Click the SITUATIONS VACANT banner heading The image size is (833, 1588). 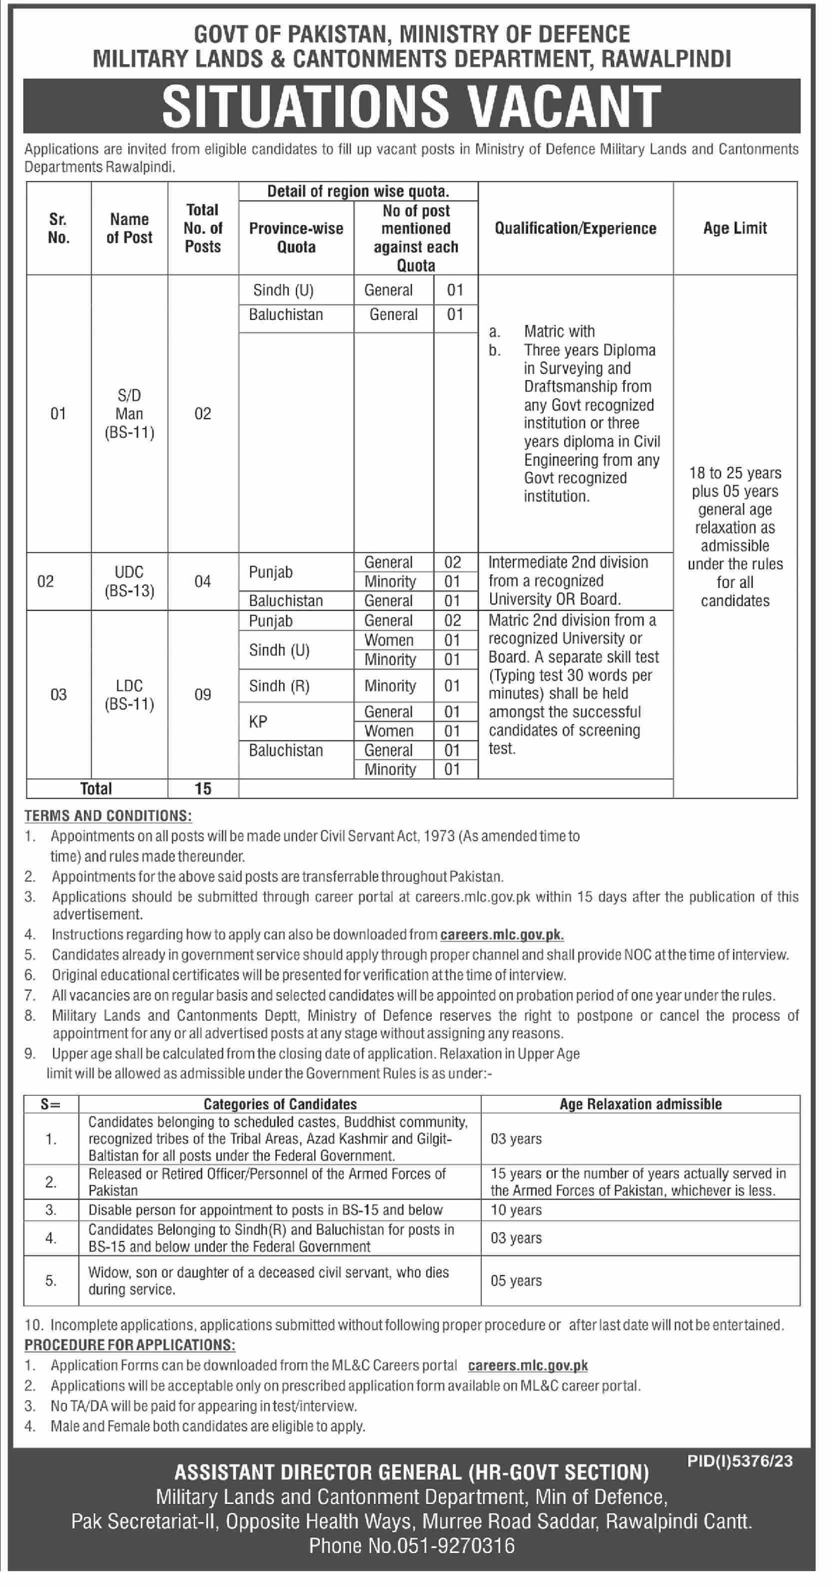412,106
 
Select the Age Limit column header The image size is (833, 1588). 735,228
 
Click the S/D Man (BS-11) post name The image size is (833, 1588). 129,413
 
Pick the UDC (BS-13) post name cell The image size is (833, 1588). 129,581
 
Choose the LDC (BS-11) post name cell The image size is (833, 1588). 129,695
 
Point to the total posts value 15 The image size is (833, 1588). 203,788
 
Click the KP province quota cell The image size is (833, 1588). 258,721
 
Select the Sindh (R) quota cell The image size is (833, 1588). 279,685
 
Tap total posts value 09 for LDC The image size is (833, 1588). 203,695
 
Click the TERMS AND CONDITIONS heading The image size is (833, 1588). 108,815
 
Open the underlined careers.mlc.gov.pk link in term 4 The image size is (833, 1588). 502,934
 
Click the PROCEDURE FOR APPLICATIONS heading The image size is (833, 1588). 129,1345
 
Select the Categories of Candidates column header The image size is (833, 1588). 280,1104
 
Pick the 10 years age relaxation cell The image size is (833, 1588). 516,1210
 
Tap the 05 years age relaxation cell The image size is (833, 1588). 516,1280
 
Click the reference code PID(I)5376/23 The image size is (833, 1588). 740,1460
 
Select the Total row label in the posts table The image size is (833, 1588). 96,788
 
